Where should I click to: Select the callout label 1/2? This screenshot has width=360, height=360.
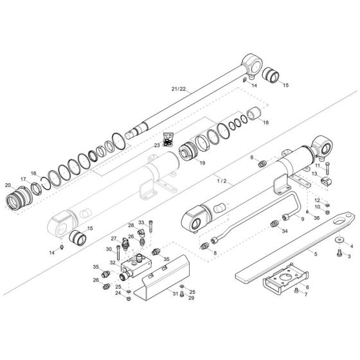tap(222, 181)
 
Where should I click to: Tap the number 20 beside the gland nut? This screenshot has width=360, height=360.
tap(8, 185)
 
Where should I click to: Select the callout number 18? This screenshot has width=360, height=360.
tap(266, 122)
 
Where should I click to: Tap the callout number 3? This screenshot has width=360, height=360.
tap(349, 255)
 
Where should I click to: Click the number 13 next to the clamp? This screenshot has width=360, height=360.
tap(314, 174)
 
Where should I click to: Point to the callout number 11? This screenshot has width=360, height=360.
tap(317, 166)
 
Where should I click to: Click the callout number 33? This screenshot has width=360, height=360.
tap(141, 222)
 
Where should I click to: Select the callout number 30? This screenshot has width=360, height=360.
tap(109, 249)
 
